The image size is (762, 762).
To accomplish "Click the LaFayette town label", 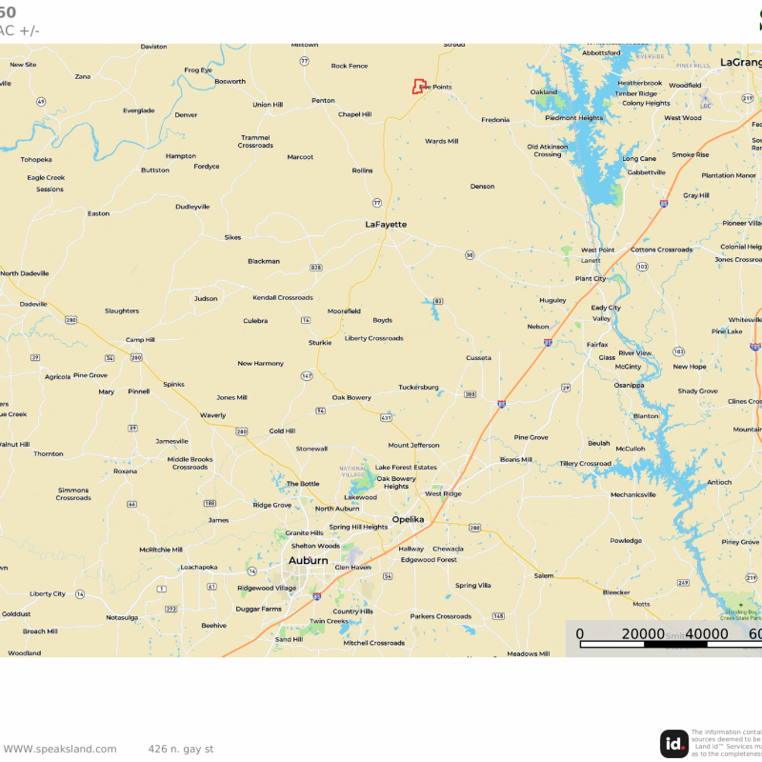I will (x=386, y=225).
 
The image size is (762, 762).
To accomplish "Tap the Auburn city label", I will (x=308, y=561).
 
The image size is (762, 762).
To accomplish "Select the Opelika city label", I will (x=409, y=520).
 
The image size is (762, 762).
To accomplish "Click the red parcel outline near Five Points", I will (x=417, y=87).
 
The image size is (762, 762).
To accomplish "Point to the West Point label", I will (x=597, y=250).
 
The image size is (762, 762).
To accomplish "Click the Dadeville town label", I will (x=33, y=304).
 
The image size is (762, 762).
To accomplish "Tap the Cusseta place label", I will (x=478, y=358).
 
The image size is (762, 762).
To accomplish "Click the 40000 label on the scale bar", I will (x=706, y=634).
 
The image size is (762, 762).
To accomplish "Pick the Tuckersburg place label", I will (x=418, y=387).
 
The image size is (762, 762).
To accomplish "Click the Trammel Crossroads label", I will (x=255, y=141).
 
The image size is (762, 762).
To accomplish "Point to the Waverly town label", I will (x=212, y=415).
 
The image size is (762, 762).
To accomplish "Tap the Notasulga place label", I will (x=122, y=617).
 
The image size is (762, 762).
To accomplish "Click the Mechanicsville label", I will (x=633, y=494).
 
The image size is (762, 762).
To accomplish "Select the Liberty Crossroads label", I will (x=373, y=338).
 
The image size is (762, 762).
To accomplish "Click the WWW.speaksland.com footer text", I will (x=59, y=749).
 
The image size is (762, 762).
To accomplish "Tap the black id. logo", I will (x=674, y=744).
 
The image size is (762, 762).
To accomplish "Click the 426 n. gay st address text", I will (x=181, y=749).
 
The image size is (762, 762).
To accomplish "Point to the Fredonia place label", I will (x=495, y=120).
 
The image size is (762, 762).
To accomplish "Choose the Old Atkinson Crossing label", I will (x=548, y=150).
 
